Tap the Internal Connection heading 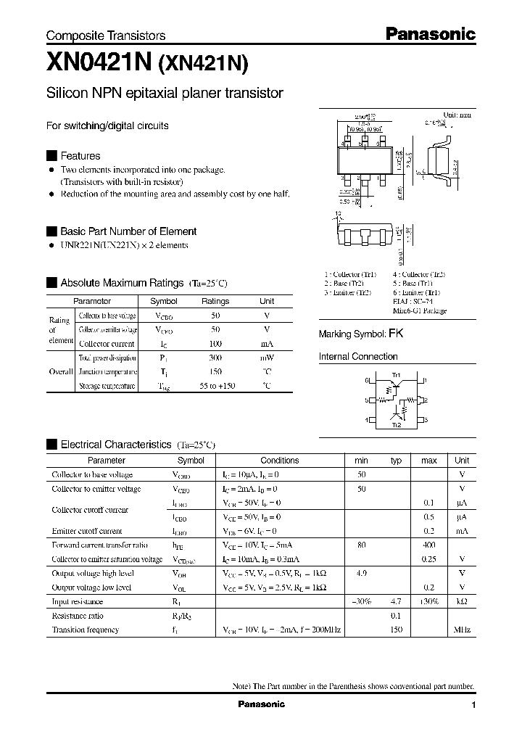(x=358, y=357)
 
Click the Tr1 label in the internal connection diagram (x=396, y=375)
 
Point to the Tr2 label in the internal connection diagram (x=396, y=426)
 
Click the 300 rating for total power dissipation (x=215, y=358)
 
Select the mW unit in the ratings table (x=267, y=358)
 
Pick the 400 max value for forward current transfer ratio (x=429, y=545)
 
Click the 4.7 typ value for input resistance (x=396, y=601)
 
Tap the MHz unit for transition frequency (x=462, y=630)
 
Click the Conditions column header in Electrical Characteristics (x=279, y=461)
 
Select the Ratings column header (x=215, y=301)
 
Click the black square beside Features (x=51, y=156)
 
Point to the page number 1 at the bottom (x=473, y=705)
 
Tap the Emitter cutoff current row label (x=86, y=531)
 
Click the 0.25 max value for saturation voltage (x=429, y=559)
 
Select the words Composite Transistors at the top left (x=106, y=36)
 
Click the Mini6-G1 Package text (x=420, y=310)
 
